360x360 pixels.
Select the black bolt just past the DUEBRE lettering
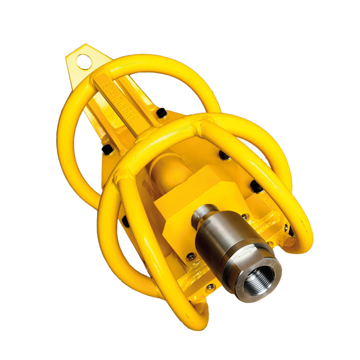pos(161,113)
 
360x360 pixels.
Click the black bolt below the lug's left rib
pos(107,149)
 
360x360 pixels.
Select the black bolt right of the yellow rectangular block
pos(257,186)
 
